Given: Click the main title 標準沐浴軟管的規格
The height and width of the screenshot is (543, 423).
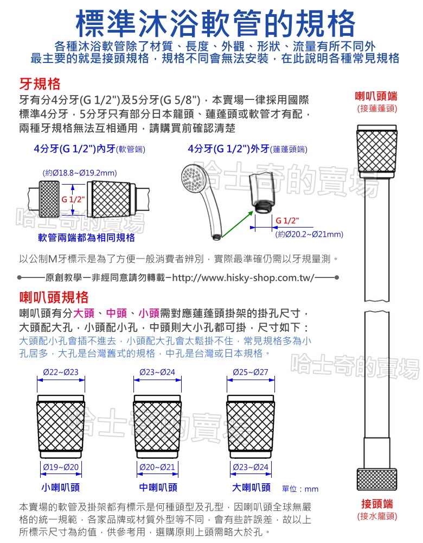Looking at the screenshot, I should tap(215, 22).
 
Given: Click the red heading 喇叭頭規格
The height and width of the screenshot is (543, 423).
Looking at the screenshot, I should tap(54, 297).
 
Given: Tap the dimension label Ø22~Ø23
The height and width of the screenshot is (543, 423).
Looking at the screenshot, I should tap(60, 372).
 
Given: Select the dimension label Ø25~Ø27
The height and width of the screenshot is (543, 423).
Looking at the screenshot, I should tap(250, 372).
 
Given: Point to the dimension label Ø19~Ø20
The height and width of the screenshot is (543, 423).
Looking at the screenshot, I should tap(61, 467).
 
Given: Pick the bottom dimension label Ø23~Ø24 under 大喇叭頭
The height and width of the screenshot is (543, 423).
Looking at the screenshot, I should tap(250, 467).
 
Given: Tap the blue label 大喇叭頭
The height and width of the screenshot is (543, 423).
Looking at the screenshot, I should tap(251, 487).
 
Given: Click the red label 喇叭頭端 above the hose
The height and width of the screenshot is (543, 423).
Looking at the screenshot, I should tap(376, 97).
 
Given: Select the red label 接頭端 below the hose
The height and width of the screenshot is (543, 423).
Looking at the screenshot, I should tap(377, 503).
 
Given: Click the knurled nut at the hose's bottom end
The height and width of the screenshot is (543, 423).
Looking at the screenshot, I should tap(377, 478).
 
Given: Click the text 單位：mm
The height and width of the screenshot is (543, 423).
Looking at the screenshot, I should tap(301, 489).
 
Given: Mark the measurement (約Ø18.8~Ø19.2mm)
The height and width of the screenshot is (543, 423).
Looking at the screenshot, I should tap(79, 173).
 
